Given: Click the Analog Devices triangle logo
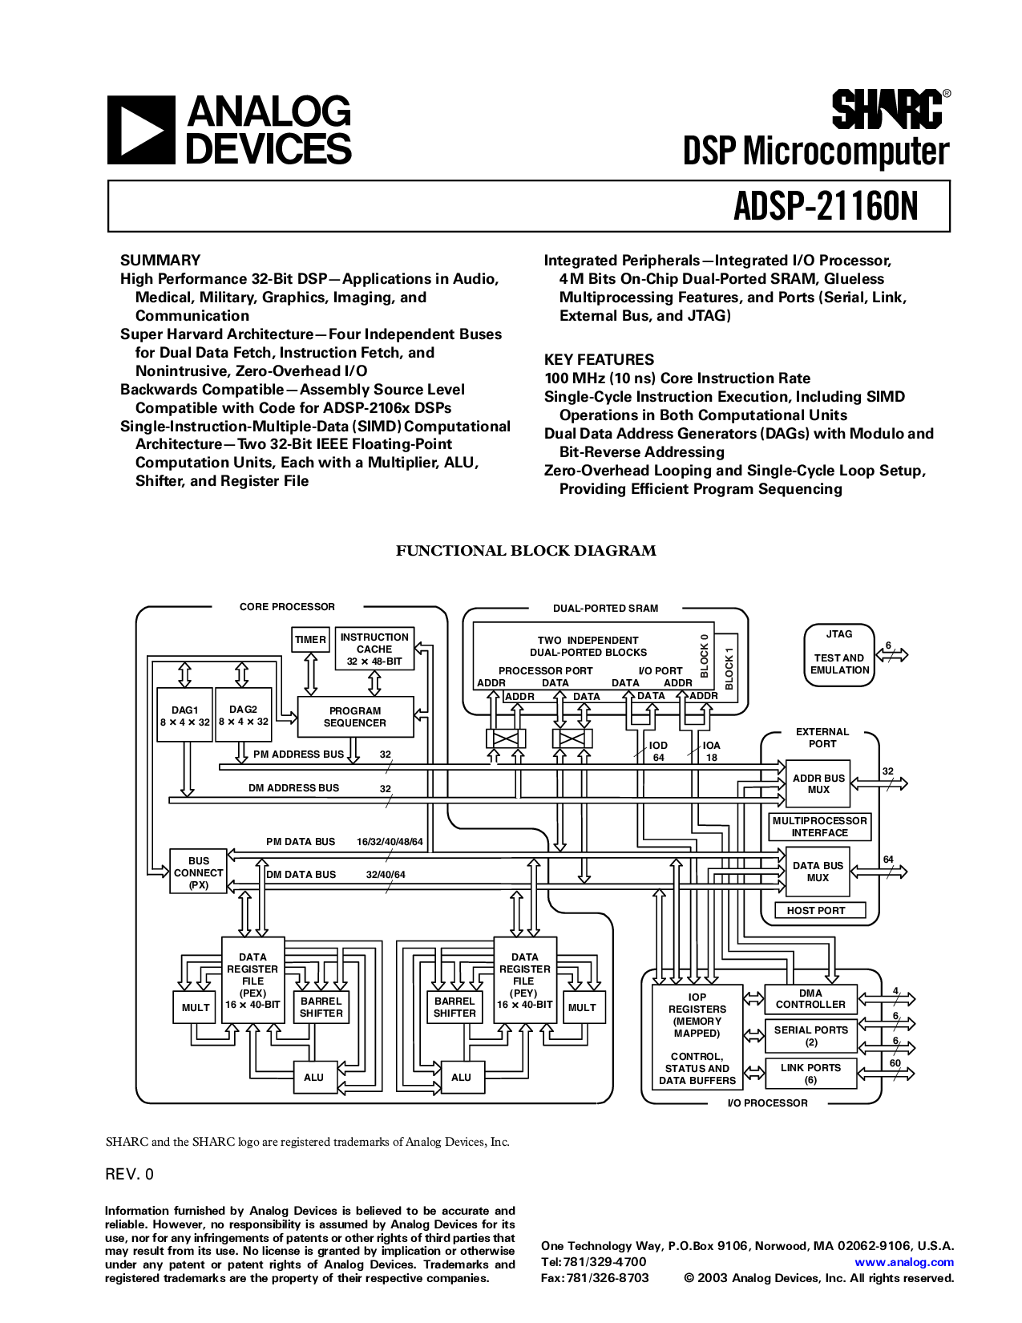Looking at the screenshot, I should coord(141,130).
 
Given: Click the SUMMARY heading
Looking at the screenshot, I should coord(160,260).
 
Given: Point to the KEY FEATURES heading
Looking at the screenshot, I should coord(599,359).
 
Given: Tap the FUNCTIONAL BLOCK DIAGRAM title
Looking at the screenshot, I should coord(526,551).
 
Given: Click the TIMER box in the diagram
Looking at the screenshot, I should coord(310,640).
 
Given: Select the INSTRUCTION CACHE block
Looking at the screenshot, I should coord(374,649).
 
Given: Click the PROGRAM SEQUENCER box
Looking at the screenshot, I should coord(355,717).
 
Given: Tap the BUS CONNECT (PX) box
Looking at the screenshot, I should coord(198,872).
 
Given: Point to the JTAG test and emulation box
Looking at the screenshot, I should coord(838,656).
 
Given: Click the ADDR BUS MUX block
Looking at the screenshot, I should coord(818,784).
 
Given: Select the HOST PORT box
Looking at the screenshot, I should coord(816,910).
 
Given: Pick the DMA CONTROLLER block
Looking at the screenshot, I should coord(810,998).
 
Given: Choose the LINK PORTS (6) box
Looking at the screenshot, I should coord(810,1074).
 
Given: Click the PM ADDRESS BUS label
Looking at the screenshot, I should coord(298,755).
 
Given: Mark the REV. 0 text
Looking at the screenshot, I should coord(129,1175).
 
